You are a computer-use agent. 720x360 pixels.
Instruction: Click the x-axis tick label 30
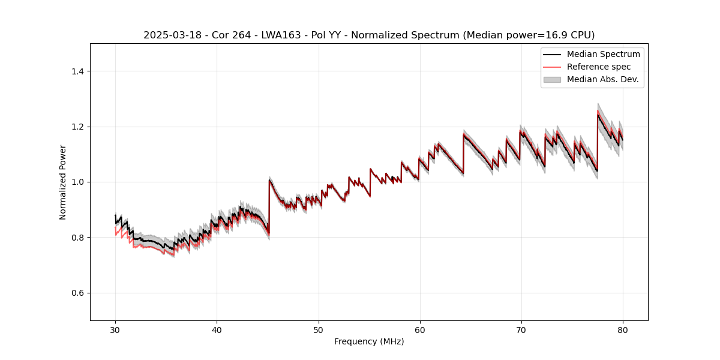115,330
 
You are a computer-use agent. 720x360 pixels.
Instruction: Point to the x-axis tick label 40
217,330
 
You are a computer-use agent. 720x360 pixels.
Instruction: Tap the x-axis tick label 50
318,330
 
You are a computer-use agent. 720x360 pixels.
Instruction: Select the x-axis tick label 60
419,330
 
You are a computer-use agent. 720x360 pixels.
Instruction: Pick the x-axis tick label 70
521,330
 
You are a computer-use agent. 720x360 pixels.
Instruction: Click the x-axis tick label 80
622,330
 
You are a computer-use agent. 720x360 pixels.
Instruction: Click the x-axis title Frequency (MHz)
369,341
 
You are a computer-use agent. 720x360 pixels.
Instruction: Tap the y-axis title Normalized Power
62,182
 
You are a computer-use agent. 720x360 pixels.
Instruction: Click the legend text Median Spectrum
603,54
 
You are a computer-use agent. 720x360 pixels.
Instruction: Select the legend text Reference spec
598,67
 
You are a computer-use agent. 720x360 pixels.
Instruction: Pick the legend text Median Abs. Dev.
602,79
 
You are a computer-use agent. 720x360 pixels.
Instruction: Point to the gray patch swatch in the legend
551,79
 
